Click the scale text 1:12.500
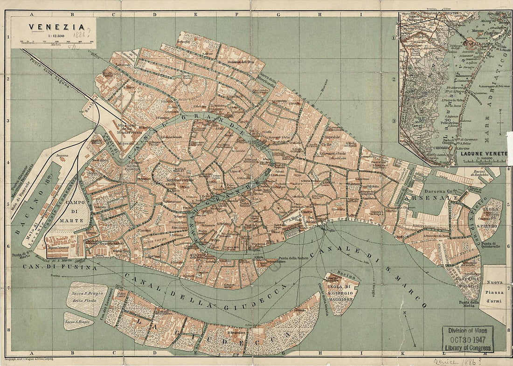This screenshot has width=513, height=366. coord(51,36)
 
